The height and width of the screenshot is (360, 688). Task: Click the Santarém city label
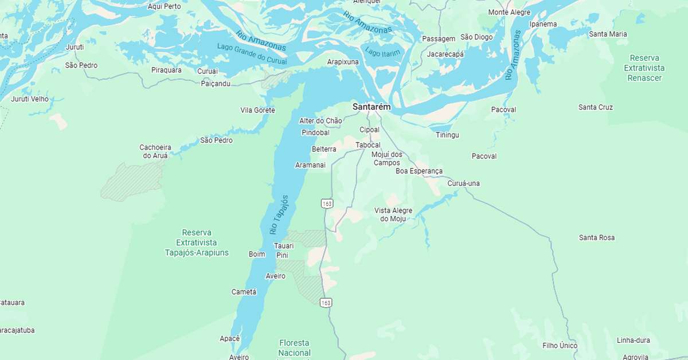coord(371,107)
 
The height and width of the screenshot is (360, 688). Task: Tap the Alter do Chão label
coord(320,120)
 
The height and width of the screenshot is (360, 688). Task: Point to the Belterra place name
coord(323,149)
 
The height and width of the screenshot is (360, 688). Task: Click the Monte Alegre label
coord(509,12)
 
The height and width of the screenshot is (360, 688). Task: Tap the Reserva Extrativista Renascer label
coord(644,68)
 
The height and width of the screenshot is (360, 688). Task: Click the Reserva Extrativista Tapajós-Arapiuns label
coord(197,242)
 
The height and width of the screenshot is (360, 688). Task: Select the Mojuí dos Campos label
coord(387,158)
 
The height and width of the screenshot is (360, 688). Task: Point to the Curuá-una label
coord(463,183)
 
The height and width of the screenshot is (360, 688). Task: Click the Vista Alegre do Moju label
coord(393,214)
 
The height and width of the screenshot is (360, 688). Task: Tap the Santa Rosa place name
coord(596,237)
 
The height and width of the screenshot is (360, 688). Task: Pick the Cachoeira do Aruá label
coord(155,151)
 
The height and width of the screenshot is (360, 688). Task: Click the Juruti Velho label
coord(30,99)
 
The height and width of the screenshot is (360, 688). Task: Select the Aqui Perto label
coord(164,6)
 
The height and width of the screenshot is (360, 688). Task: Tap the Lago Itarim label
coord(383,53)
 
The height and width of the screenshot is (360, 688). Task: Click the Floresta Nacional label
coord(295,347)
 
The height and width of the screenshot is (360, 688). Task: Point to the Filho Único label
coord(560,346)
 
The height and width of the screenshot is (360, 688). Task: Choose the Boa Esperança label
coord(419,171)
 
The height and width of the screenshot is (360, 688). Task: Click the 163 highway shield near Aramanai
coord(327,204)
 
